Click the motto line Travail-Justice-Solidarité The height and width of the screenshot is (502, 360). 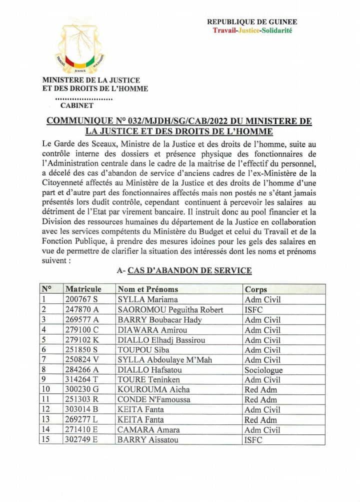[252, 30]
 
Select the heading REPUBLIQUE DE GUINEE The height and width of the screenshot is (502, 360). [252, 21]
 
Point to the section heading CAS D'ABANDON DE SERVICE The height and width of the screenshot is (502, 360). [189, 270]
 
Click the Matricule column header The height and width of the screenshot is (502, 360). [83, 289]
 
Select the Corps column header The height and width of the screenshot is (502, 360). [256, 289]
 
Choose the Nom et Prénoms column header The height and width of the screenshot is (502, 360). [148, 289]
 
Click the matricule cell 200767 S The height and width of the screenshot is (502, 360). [82, 299]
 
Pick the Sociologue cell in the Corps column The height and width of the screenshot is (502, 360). [263, 370]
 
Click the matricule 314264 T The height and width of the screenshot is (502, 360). [82, 380]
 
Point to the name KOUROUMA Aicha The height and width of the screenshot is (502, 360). [148, 389]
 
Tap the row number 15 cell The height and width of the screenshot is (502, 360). [45, 440]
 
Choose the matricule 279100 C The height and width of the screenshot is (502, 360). [82, 329]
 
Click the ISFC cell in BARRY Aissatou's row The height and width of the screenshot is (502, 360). [253, 440]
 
